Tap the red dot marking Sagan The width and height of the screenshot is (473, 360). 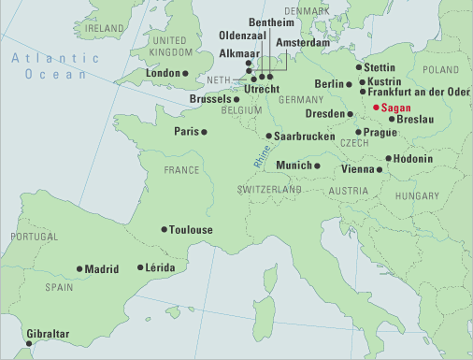click(x=375, y=108)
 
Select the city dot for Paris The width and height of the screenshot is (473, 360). click(x=205, y=132)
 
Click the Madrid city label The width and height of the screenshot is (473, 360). click(x=102, y=269)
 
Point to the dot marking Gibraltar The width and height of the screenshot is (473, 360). click(x=36, y=343)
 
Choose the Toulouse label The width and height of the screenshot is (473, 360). click(x=191, y=229)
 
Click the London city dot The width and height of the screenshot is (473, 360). click(x=186, y=73)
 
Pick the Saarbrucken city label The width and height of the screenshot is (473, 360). click(x=303, y=137)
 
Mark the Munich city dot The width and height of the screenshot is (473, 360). click(x=317, y=166)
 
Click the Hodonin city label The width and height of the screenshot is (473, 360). click(x=413, y=159)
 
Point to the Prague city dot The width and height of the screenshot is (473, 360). click(x=358, y=132)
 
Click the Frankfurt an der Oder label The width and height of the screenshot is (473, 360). click(x=418, y=94)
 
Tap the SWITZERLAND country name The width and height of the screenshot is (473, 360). click(x=268, y=189)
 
